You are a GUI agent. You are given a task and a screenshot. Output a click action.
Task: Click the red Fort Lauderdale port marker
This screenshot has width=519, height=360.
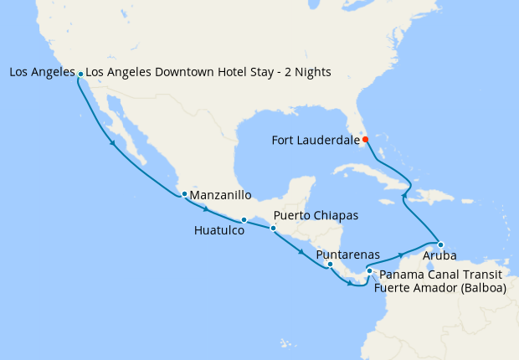click(x=365, y=140)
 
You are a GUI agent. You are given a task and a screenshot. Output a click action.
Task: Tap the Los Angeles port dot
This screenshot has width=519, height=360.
click(x=80, y=74)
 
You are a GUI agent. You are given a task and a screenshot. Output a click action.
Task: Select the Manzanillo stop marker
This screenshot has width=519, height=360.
click(x=184, y=195)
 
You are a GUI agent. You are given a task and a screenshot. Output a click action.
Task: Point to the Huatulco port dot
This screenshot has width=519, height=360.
click(x=244, y=220)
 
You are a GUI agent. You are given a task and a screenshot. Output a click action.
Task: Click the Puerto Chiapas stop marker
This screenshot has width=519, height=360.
click(x=273, y=228)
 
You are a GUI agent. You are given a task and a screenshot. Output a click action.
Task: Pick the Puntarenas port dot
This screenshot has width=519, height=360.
click(x=330, y=265)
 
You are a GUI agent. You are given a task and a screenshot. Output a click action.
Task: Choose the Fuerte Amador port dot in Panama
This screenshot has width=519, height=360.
click(x=369, y=270)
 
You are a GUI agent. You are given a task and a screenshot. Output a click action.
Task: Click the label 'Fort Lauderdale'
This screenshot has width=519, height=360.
click(x=315, y=140)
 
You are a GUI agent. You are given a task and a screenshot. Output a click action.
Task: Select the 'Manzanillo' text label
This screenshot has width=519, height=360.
click(x=222, y=195)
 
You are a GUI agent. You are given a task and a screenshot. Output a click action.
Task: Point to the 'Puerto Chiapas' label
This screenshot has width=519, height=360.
click(x=316, y=215)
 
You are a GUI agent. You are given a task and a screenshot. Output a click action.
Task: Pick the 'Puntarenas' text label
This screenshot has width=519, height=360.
click(x=348, y=254)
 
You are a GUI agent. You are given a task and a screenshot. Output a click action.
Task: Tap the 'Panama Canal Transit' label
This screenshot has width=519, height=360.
click(x=439, y=275)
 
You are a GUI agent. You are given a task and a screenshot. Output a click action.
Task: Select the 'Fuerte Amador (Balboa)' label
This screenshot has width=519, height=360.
click(x=440, y=289)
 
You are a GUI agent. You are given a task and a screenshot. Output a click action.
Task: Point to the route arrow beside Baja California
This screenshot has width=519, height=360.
click(x=112, y=144)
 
